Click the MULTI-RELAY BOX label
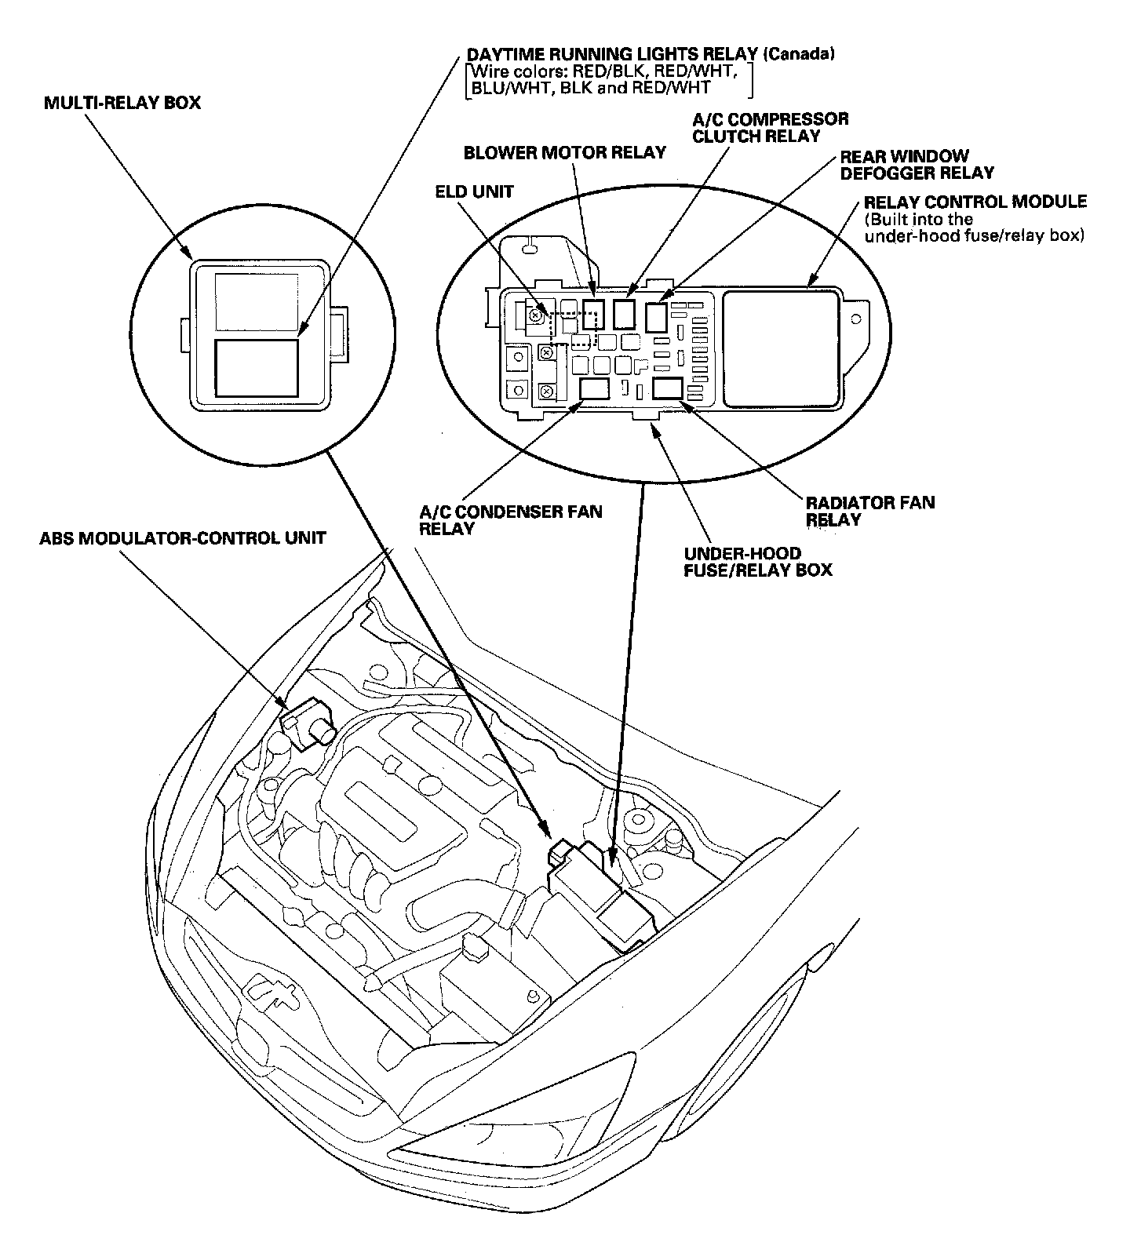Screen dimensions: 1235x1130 tap(122, 103)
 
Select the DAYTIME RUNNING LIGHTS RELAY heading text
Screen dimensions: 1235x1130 tap(612, 54)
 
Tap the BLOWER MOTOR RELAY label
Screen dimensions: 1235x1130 tap(564, 152)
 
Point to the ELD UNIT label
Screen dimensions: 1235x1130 tap(474, 191)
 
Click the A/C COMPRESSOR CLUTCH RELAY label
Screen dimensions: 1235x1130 tap(769, 128)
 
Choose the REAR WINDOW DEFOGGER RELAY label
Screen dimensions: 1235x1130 tap(916, 165)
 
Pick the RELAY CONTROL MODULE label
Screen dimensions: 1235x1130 tap(975, 202)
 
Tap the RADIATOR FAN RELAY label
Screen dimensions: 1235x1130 tap(869, 511)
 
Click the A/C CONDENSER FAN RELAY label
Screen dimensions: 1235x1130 tap(510, 519)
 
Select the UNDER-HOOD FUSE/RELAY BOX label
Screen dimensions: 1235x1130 tap(756, 561)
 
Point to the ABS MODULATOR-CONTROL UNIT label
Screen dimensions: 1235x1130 tap(183, 538)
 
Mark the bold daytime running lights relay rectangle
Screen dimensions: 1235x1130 tap(257, 367)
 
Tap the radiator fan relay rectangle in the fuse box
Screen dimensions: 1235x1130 tap(667, 388)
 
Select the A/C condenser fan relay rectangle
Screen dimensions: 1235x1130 tap(594, 388)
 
